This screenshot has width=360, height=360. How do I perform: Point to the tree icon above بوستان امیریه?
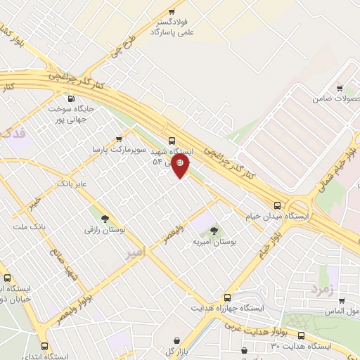(x=214, y=231)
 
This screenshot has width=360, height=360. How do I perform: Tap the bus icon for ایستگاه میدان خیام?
(x=277, y=206)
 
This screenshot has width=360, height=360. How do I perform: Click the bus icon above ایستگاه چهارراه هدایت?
(x=226, y=297)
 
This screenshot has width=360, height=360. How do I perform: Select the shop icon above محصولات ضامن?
(x=340, y=89)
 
